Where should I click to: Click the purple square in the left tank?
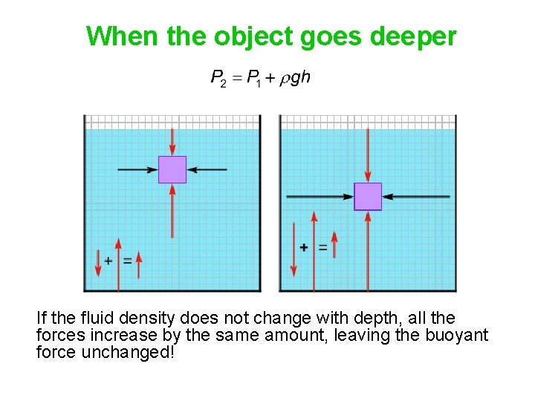pos(172,169)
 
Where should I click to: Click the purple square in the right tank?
pos(368,196)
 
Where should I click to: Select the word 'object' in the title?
pos(253,36)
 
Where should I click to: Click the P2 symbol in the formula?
pos(218,78)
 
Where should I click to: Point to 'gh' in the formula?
pos(300,78)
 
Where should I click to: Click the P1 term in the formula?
pos(254,78)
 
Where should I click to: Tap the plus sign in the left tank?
pos(108,261)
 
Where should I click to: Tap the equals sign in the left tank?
pos(127,261)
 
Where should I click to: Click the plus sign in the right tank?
pos(303,247)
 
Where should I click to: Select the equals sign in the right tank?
pos(322,247)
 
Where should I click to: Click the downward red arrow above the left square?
pos(172,141)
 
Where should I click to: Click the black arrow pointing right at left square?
pos(138,169)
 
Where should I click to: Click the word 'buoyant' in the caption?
pos(456,335)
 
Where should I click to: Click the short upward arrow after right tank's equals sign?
pos(334,244)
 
